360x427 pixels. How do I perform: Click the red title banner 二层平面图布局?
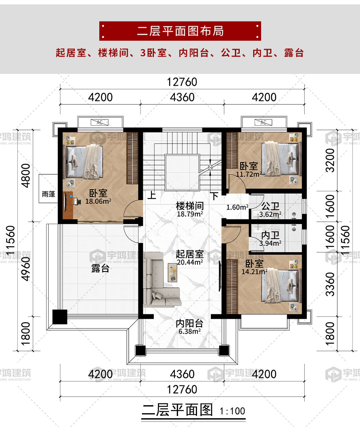point(180,31)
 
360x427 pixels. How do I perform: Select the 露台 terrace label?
point(100,268)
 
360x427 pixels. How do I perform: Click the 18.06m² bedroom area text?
point(98,201)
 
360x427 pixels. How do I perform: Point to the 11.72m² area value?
point(248,174)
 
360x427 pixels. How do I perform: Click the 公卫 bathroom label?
point(270,206)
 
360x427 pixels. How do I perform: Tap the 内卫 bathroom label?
point(270,235)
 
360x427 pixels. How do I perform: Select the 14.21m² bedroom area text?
point(254,272)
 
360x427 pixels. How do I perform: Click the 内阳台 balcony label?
point(189,323)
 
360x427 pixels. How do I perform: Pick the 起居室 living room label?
point(189,254)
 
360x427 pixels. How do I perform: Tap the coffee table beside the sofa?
point(172,272)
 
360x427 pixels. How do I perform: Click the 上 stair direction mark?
point(152,195)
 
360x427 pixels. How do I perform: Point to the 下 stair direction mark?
point(215,196)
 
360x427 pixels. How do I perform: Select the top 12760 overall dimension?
point(182,82)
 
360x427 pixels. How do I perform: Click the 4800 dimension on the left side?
point(26,176)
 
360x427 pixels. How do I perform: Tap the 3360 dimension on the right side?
point(330,284)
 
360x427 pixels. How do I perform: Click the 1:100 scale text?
point(233,411)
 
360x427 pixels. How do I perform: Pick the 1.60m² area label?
point(237,207)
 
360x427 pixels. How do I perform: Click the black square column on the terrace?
point(60,317)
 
